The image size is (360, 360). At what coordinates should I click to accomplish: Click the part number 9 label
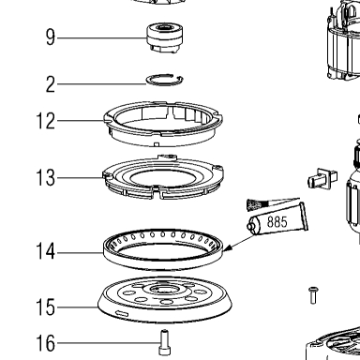(51, 37)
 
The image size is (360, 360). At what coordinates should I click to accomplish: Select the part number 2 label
(51, 84)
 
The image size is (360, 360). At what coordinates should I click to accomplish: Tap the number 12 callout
(46, 121)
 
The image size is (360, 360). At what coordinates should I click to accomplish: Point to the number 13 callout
(46, 178)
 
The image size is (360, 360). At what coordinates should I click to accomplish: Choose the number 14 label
(46, 251)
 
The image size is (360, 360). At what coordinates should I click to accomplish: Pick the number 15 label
(46, 307)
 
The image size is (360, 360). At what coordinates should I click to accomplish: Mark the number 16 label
(46, 343)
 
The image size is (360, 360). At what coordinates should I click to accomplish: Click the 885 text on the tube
(277, 222)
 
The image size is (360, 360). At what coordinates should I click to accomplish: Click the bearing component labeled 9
(164, 37)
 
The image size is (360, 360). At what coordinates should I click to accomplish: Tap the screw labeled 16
(165, 342)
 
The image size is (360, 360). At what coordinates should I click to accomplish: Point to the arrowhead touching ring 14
(228, 247)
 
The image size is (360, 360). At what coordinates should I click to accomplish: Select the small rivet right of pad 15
(313, 295)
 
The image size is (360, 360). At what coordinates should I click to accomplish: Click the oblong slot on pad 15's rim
(122, 313)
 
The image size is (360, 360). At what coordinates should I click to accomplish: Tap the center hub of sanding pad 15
(165, 290)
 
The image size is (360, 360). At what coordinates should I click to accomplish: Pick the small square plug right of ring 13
(322, 179)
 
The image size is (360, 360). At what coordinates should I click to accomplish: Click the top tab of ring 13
(168, 157)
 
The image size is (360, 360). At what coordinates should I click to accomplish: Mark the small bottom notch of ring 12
(157, 144)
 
